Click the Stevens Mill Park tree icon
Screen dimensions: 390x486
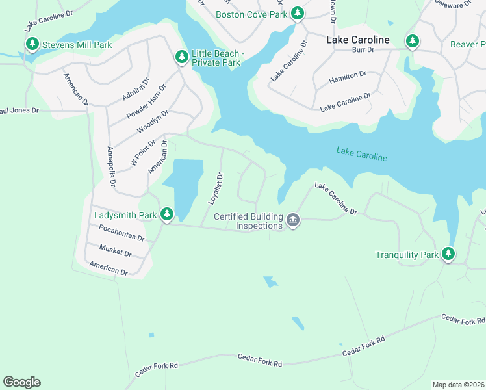coord(32,44)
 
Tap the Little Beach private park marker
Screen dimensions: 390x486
coord(182,57)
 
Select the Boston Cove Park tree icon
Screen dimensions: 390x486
coord(298,12)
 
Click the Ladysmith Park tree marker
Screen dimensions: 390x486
coord(167,213)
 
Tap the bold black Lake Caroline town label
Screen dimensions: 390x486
coord(358,40)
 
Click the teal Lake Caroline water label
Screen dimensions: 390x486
coord(361,154)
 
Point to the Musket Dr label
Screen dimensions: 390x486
coord(116,250)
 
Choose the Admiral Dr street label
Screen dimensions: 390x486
coord(135,89)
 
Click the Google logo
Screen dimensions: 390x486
coord(21,382)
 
